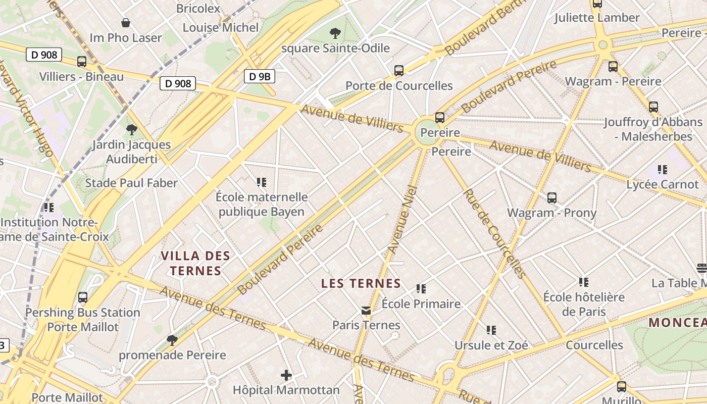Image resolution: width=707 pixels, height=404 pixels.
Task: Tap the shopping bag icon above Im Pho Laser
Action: click(126, 23)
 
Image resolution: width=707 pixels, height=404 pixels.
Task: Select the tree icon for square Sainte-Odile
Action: click(334, 33)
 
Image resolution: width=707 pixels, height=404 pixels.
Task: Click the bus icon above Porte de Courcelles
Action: click(399, 71)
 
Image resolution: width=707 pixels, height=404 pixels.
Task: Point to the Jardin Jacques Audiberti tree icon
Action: click(132, 130)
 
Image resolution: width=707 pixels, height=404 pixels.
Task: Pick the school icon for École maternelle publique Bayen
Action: click(261, 182)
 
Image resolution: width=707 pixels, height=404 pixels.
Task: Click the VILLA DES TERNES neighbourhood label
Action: click(195, 263)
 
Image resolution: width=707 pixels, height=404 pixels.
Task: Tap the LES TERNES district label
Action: click(361, 284)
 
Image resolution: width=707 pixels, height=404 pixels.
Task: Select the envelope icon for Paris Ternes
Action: click(366, 311)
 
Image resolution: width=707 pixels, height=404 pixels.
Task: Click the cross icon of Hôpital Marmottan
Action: click(286, 375)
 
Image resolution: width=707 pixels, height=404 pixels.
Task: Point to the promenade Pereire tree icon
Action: click(172, 340)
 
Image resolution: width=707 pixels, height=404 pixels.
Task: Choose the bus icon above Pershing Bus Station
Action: click(83, 297)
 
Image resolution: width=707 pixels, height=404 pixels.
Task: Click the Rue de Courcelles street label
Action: click(494, 233)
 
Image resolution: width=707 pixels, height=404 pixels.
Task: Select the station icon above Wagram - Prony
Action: click(552, 198)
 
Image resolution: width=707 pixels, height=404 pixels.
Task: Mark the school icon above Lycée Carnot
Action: click(663, 170)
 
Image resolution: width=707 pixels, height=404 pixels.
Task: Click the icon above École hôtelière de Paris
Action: click(584, 282)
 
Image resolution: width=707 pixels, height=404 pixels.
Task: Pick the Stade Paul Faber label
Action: click(131, 183)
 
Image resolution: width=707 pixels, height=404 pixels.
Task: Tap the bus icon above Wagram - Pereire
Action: click(613, 66)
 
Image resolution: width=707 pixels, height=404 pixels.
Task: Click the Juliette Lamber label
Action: click(597, 18)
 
